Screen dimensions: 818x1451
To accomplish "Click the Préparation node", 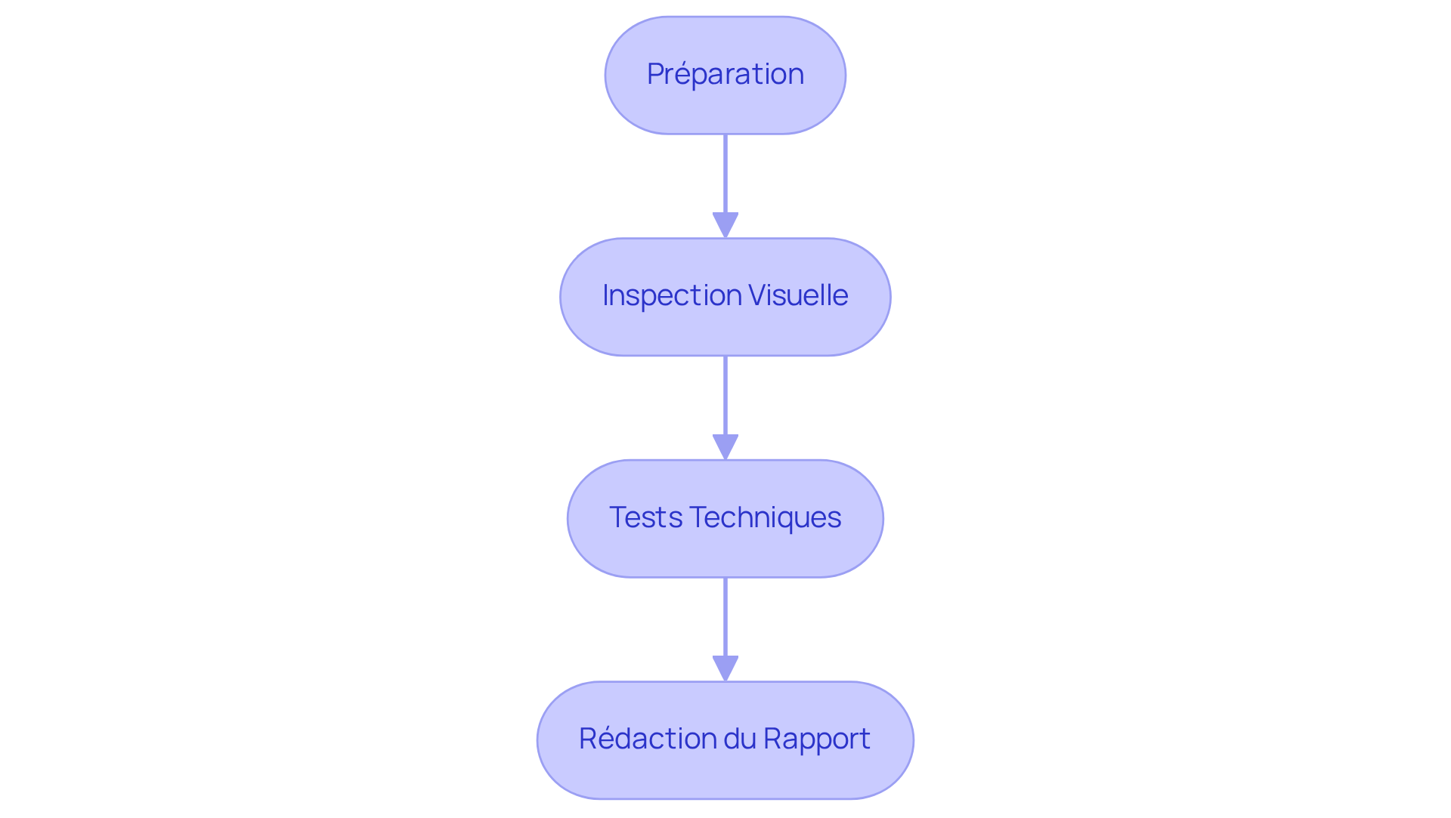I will [x=725, y=76].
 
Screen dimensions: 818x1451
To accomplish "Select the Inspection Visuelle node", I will [x=725, y=297].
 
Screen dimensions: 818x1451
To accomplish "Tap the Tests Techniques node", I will [x=725, y=519].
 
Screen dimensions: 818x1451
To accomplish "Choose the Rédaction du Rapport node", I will [x=725, y=740].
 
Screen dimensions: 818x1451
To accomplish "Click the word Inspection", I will [x=671, y=295].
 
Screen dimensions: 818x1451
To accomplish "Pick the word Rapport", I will [x=817, y=739].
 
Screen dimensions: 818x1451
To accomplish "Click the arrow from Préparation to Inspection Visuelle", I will [x=725, y=177].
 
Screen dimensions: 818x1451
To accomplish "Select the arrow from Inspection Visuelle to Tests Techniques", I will [x=725, y=399].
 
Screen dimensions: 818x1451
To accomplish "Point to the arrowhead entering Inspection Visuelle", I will [x=725, y=225].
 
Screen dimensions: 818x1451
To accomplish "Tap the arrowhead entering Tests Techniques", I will [x=725, y=447].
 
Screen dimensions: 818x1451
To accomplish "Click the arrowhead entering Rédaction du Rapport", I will [x=725, y=668].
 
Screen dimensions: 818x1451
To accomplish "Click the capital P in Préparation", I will [x=655, y=74].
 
